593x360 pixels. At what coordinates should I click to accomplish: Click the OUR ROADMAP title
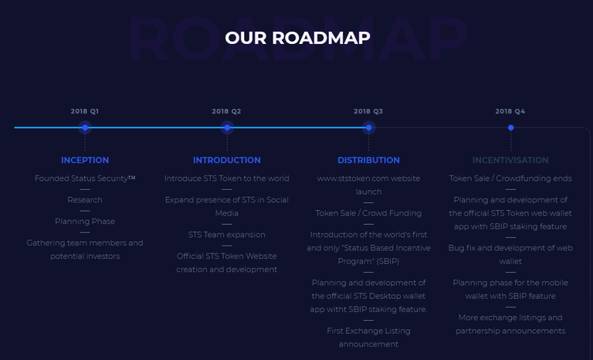297,38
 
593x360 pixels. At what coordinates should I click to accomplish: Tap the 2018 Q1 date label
85,111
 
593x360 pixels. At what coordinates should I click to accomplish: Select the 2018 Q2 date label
226,111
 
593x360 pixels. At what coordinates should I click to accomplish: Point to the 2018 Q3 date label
368,111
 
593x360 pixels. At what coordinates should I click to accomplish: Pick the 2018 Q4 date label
510,111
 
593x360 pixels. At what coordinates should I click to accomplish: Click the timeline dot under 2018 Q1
85,127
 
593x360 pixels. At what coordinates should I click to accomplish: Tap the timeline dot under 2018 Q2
227,127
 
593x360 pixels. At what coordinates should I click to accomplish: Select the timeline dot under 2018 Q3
369,127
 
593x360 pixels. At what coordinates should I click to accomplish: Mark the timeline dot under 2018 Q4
511,127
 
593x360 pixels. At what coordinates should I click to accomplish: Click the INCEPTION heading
85,160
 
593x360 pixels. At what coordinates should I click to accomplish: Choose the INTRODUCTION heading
227,160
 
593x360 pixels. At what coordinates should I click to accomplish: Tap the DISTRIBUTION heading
369,160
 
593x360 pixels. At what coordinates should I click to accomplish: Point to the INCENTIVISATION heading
510,160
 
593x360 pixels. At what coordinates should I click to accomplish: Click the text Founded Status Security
82,178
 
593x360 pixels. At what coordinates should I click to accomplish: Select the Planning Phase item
85,222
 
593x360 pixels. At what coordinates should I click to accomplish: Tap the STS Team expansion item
227,235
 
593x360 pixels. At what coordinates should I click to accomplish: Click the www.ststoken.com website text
369,178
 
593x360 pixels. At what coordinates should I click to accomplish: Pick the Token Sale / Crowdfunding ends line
510,178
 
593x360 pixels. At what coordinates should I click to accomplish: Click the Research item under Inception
85,200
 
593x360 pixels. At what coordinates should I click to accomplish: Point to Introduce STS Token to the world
227,178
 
